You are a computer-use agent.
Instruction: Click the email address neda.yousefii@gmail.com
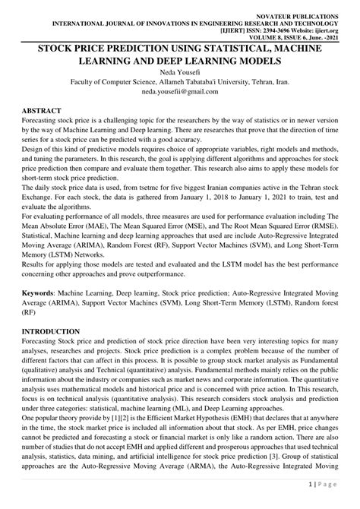[x=179, y=96]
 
